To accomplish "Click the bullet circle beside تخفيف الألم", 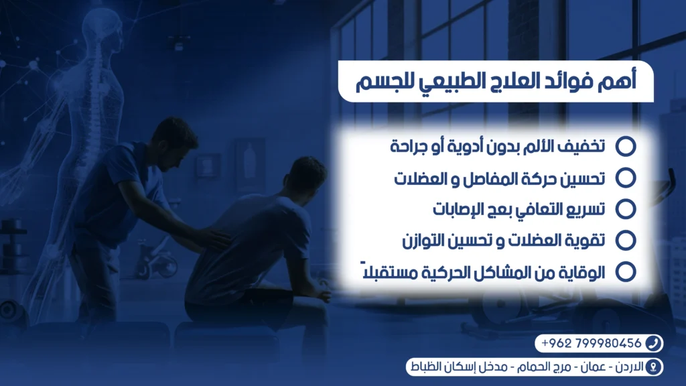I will coord(625,146).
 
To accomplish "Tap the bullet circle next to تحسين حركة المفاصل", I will coord(625,178).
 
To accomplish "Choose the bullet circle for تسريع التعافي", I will coord(625,208).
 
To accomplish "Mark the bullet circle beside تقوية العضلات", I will coord(625,239).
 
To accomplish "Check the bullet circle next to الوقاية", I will coord(625,271).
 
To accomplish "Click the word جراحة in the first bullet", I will coord(413,146).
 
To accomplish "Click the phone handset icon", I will coord(653,344).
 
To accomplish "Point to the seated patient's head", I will coord(305,178).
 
